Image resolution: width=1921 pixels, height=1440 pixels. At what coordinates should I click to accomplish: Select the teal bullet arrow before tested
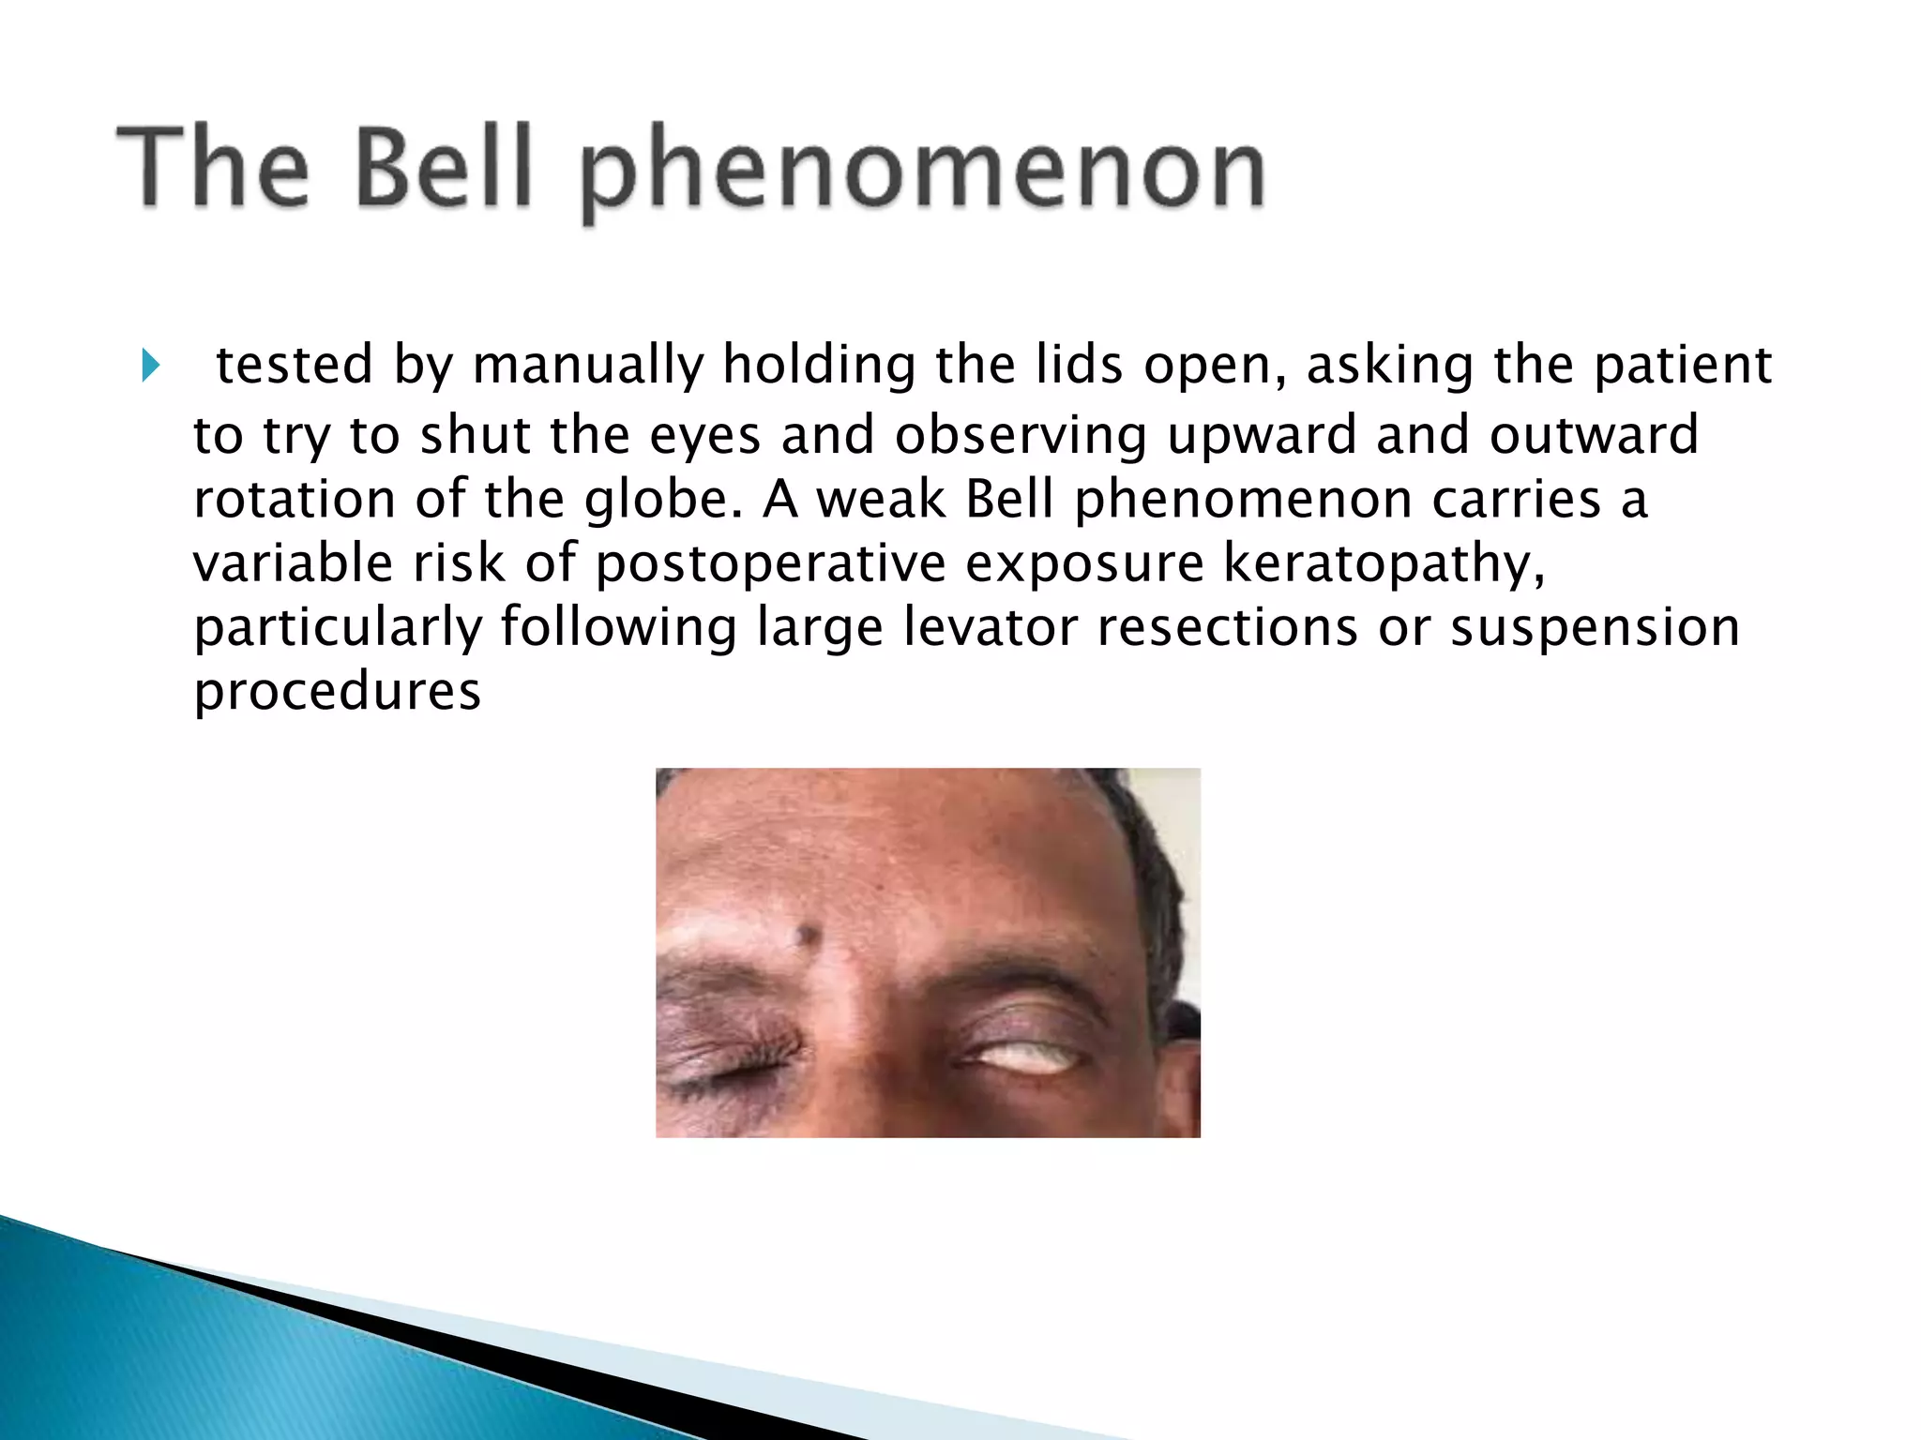tap(150, 365)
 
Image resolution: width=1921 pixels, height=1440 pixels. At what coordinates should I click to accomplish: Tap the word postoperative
tap(770, 564)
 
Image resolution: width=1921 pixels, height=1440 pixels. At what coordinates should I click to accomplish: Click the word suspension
tap(1595, 626)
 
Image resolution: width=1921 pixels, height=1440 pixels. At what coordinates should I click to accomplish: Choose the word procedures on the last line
tap(337, 692)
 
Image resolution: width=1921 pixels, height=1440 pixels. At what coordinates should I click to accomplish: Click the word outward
tap(1594, 435)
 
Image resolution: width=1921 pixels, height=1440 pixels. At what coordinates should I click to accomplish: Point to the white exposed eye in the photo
tap(1030, 1058)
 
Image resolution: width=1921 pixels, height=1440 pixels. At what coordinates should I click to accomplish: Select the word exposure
tap(1084, 564)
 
